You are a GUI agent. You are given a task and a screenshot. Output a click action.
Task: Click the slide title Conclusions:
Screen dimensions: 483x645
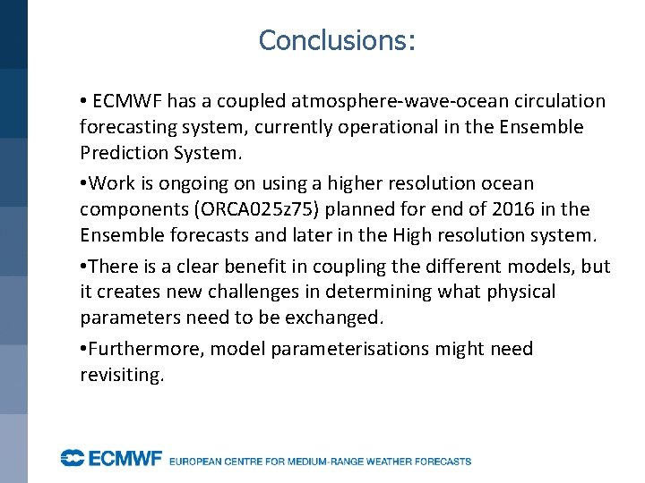[x=337, y=40]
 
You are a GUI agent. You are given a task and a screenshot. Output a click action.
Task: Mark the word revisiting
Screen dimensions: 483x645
[x=122, y=375]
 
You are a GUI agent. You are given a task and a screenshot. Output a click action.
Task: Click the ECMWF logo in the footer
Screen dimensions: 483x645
[x=111, y=459]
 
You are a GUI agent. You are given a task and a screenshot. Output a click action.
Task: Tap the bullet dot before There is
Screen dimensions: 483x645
[x=82, y=267]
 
